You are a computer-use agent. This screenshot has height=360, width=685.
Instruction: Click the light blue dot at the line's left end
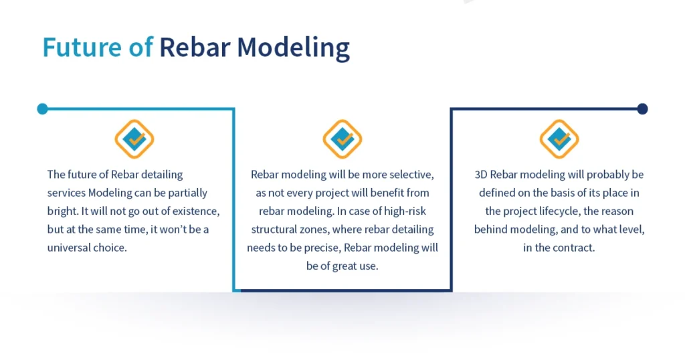pyautogui.click(x=42, y=108)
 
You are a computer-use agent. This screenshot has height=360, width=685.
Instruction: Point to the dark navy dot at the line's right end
pyautogui.click(x=642, y=108)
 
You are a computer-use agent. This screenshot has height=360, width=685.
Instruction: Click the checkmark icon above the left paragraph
pyautogui.click(x=134, y=139)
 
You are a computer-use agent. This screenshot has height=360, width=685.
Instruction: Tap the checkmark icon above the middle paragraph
pyautogui.click(x=342, y=139)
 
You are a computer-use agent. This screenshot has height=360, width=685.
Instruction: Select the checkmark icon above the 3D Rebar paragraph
pyautogui.click(x=559, y=139)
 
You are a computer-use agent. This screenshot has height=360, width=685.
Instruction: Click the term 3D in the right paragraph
pyautogui.click(x=481, y=175)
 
